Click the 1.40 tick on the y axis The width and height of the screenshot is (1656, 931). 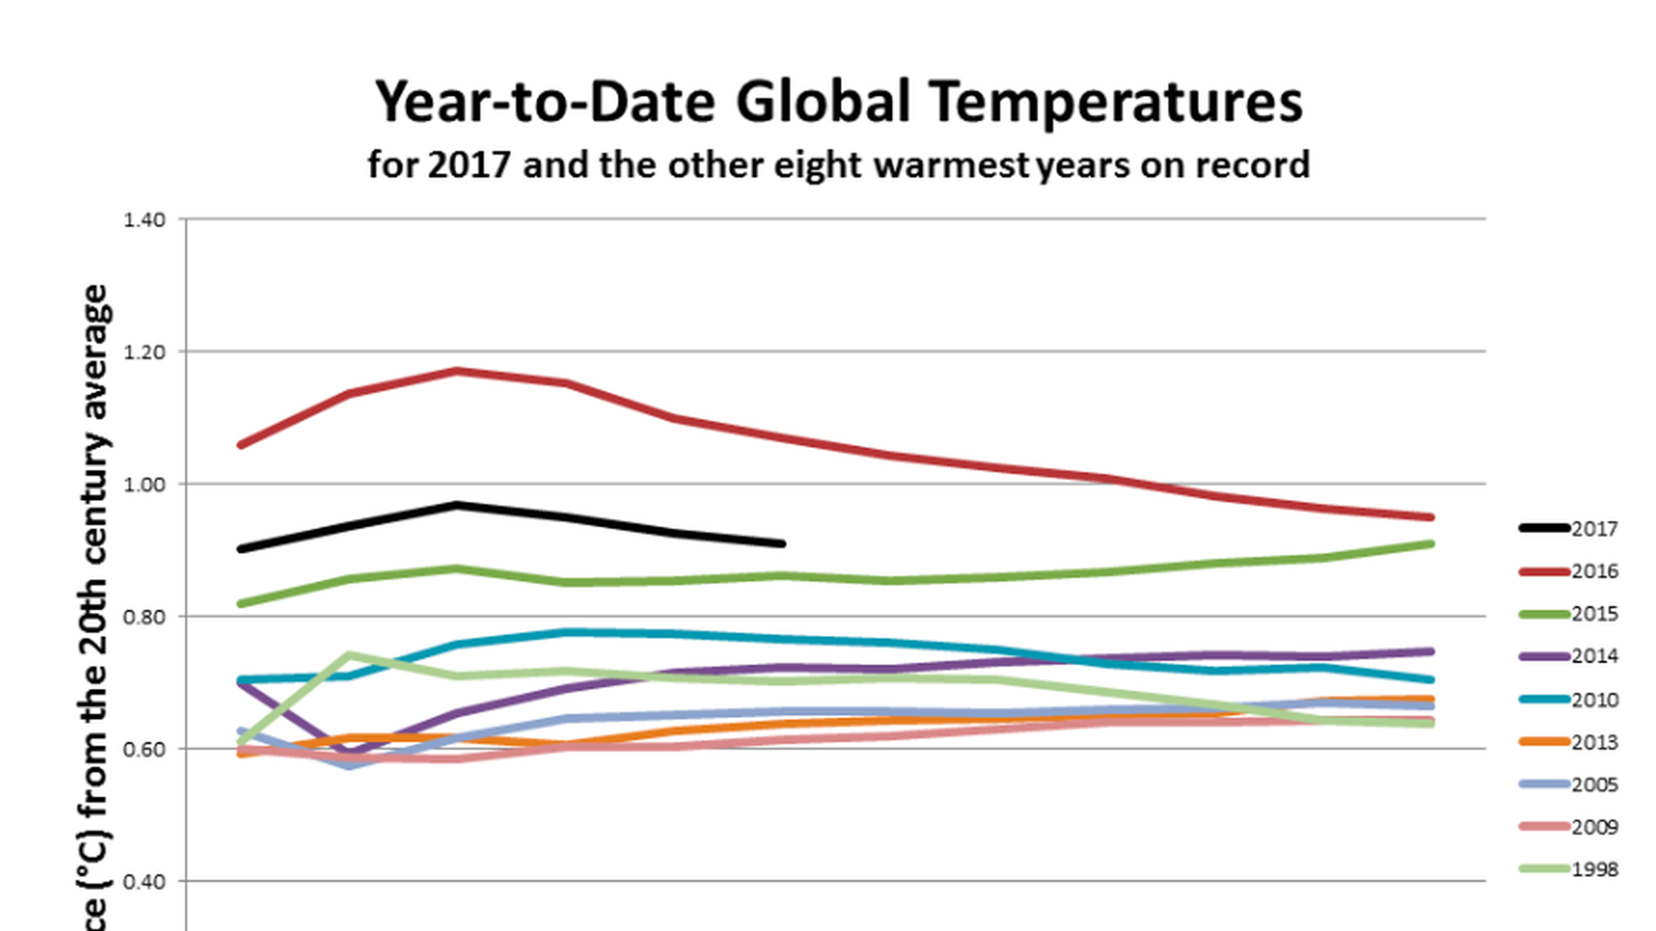tap(144, 220)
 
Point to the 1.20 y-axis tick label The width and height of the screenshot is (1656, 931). tap(144, 353)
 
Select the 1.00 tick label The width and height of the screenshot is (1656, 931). tap(144, 484)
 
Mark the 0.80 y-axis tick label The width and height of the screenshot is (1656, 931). tap(144, 617)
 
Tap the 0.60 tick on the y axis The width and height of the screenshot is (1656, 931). tap(144, 749)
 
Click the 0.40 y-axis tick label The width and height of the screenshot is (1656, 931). tap(144, 882)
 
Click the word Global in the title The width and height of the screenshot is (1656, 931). tap(823, 102)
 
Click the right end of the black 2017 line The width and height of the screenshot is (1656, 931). tap(782, 544)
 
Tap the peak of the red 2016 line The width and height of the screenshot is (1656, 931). tap(456, 372)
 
